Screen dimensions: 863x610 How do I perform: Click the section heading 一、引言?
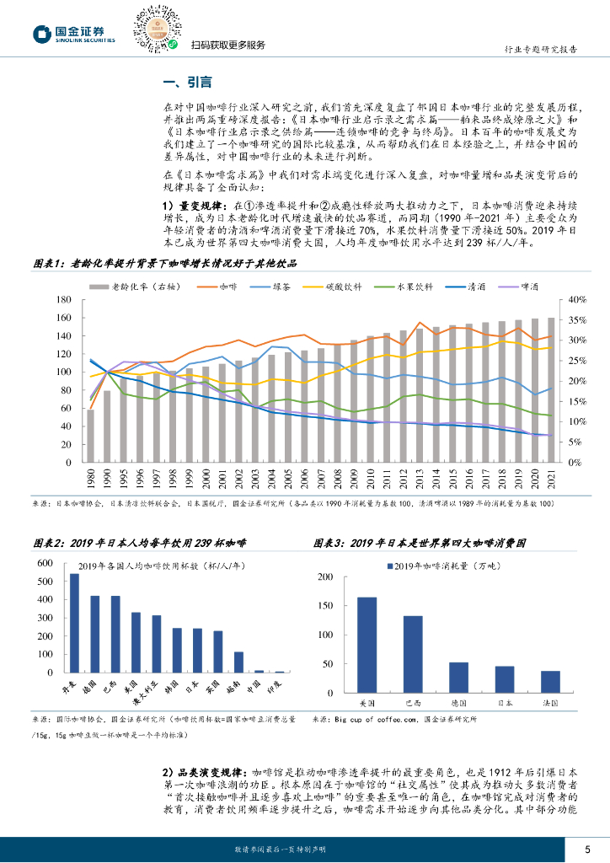point(186,82)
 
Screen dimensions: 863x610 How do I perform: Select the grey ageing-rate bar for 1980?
point(90,436)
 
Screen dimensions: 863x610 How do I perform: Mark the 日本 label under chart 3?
point(505,701)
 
